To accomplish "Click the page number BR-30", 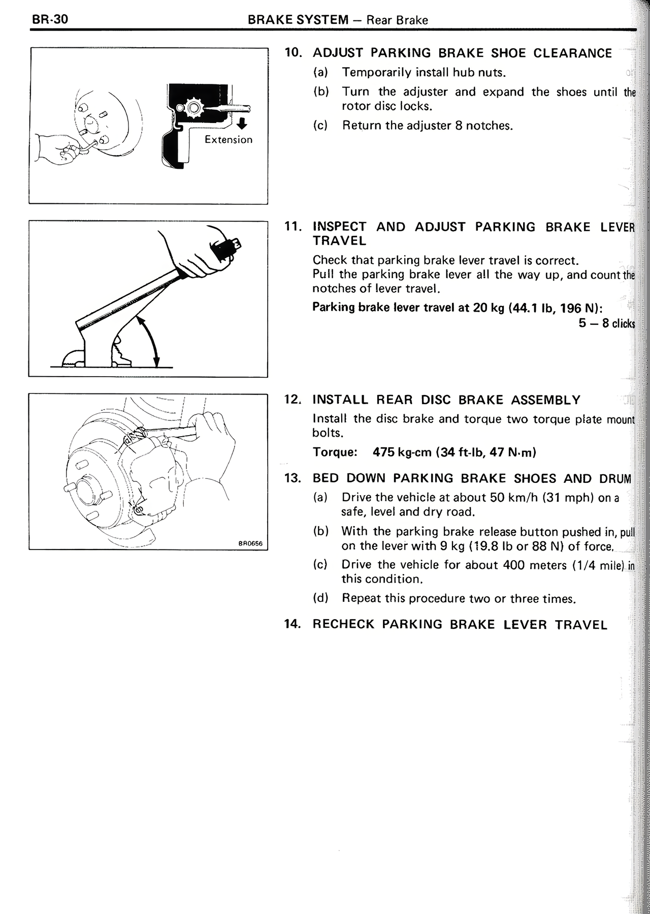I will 50,20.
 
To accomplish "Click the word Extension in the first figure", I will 228,140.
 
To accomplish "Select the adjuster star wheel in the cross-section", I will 192,108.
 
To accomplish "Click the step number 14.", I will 294,624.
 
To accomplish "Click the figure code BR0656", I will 250,543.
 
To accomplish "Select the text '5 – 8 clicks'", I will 606,323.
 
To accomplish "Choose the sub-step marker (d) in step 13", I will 321,598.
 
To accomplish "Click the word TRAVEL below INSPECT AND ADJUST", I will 339,241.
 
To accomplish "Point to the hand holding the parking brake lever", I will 203,254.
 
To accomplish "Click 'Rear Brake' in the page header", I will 397,20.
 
